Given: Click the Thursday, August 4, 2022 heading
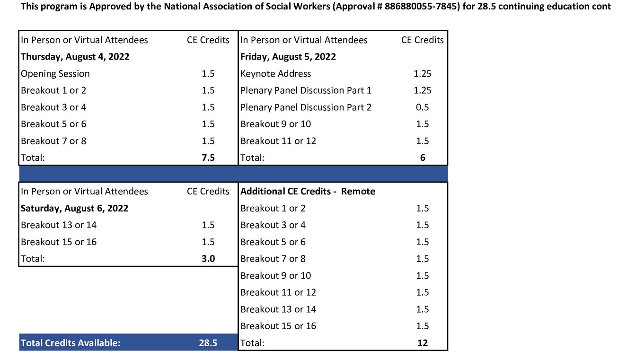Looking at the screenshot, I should click(75, 57).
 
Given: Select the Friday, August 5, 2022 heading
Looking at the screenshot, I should click(288, 57).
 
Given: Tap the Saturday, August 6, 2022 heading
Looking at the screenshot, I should click(74, 208).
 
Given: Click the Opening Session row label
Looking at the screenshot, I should click(55, 74).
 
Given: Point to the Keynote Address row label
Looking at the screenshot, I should click(275, 74).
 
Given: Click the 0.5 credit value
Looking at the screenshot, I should click(422, 107).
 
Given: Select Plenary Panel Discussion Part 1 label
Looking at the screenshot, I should click(306, 90).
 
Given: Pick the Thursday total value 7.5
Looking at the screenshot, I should click(208, 158).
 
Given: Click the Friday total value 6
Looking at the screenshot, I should click(422, 158).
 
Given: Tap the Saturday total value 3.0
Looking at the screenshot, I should click(208, 259).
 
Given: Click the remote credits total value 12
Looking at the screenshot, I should click(422, 343).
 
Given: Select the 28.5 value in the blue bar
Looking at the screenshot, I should click(208, 343).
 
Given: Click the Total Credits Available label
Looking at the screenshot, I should click(71, 343).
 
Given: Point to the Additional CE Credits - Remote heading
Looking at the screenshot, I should click(308, 192).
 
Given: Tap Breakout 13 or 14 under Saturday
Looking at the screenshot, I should click(59, 225).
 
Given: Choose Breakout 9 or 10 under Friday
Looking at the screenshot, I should click(275, 124).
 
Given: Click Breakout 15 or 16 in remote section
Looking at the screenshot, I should click(278, 326).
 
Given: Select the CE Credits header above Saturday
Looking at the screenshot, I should click(208, 192).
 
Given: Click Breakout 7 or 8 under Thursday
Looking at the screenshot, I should click(53, 141).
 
